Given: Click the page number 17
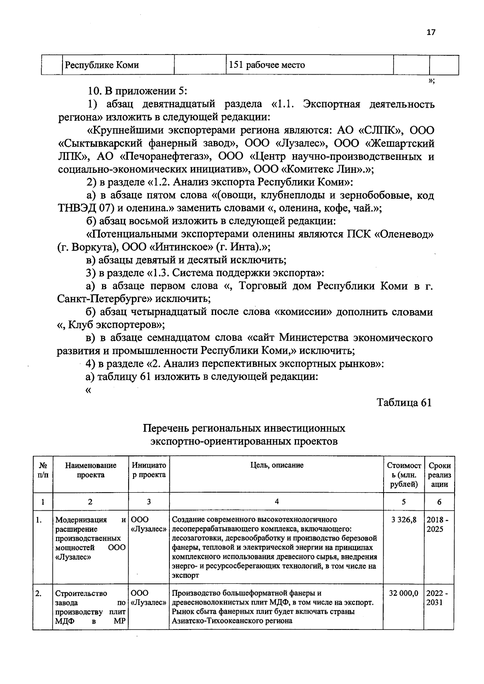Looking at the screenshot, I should click(431, 33).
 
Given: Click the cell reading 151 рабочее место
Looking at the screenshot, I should click(267, 65).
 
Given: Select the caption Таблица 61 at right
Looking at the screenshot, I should click(404, 403).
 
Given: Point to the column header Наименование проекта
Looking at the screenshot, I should click(91, 470).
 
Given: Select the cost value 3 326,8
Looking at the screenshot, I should click(404, 520).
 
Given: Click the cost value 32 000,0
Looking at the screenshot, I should click(403, 593).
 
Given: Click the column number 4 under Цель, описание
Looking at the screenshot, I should click(276, 501).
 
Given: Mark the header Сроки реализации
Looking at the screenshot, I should click(439, 475).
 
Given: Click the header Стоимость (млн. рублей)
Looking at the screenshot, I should click(403, 475).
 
